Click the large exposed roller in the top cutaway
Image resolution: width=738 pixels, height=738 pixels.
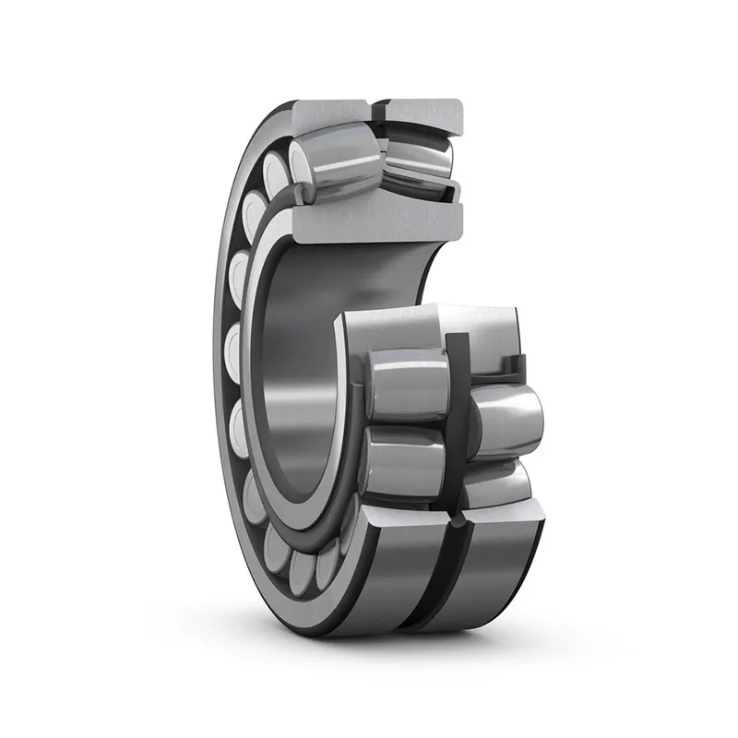[x=341, y=166]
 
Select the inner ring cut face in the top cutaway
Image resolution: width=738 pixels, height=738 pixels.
[x=369, y=221]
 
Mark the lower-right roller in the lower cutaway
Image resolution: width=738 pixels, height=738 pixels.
[x=498, y=484]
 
